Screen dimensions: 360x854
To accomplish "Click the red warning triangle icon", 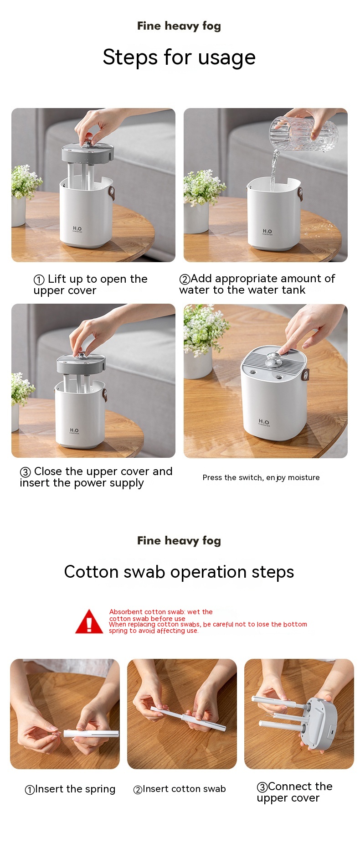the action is tap(89, 621).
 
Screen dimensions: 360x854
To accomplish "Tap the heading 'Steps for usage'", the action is tap(179, 57).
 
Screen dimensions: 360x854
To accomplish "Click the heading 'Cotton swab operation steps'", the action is tap(179, 572).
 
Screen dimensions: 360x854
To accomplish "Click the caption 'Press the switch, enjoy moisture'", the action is tap(261, 477).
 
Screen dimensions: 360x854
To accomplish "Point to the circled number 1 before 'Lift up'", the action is tap(39, 279).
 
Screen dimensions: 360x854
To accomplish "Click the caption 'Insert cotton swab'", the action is tap(180, 789).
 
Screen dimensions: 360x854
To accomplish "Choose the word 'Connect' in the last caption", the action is tap(291, 787).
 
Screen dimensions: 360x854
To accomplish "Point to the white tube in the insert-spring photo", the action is tap(91, 733).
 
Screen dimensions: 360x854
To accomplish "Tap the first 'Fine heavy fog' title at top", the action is tap(179, 26).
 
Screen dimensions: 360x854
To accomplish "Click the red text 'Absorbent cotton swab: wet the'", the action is tap(161, 612).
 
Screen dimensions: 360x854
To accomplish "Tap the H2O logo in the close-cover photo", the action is tap(74, 430).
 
